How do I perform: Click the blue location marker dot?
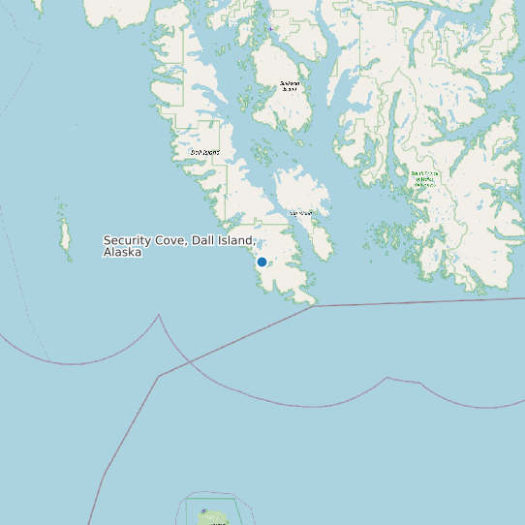(262, 262)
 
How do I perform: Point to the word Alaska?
(122, 252)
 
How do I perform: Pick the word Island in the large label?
(235, 240)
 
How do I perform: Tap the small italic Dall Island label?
(204, 152)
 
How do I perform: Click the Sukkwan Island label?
(290, 86)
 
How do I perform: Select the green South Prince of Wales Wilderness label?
(425, 179)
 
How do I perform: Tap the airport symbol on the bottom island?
(203, 511)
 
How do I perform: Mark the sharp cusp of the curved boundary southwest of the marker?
(158, 315)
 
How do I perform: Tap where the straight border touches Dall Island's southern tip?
(312, 306)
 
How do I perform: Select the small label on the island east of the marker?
(300, 213)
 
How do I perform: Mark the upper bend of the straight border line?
(158, 376)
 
